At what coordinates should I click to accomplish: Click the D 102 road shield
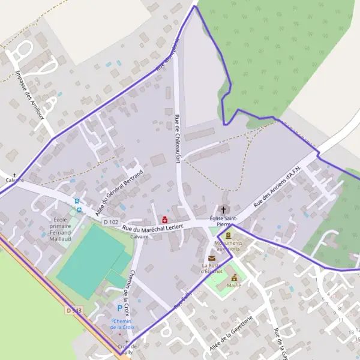(109, 222)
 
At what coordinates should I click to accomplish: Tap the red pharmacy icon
(164, 220)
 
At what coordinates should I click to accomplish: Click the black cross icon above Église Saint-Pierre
(224, 210)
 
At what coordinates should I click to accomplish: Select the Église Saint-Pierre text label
(226, 221)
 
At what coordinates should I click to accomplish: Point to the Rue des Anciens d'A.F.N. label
(281, 187)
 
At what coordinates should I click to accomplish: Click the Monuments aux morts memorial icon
(228, 235)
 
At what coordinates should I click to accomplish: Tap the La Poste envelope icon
(211, 258)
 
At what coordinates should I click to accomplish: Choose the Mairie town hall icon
(234, 277)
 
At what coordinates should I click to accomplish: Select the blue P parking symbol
(119, 308)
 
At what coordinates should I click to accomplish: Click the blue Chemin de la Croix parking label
(122, 324)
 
